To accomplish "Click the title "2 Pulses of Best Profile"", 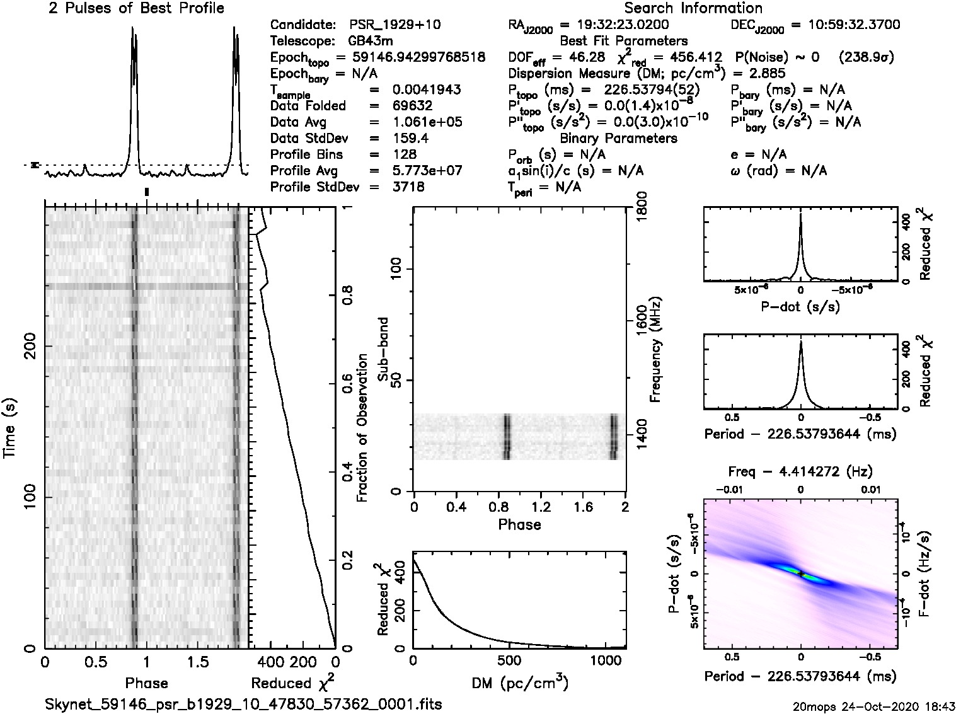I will (x=136, y=8).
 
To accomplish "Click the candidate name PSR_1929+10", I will (x=395, y=25).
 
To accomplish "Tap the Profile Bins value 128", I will (x=404, y=154).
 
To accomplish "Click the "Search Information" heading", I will (x=693, y=8).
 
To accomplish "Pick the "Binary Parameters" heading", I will (x=618, y=138).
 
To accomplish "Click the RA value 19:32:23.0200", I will (x=614, y=25).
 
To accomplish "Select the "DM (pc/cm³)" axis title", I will (x=519, y=682).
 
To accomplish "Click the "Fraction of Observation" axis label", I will (x=362, y=428).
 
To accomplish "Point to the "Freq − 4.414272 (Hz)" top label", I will (x=800, y=471).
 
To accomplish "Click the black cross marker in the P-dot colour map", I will (x=800, y=573).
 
